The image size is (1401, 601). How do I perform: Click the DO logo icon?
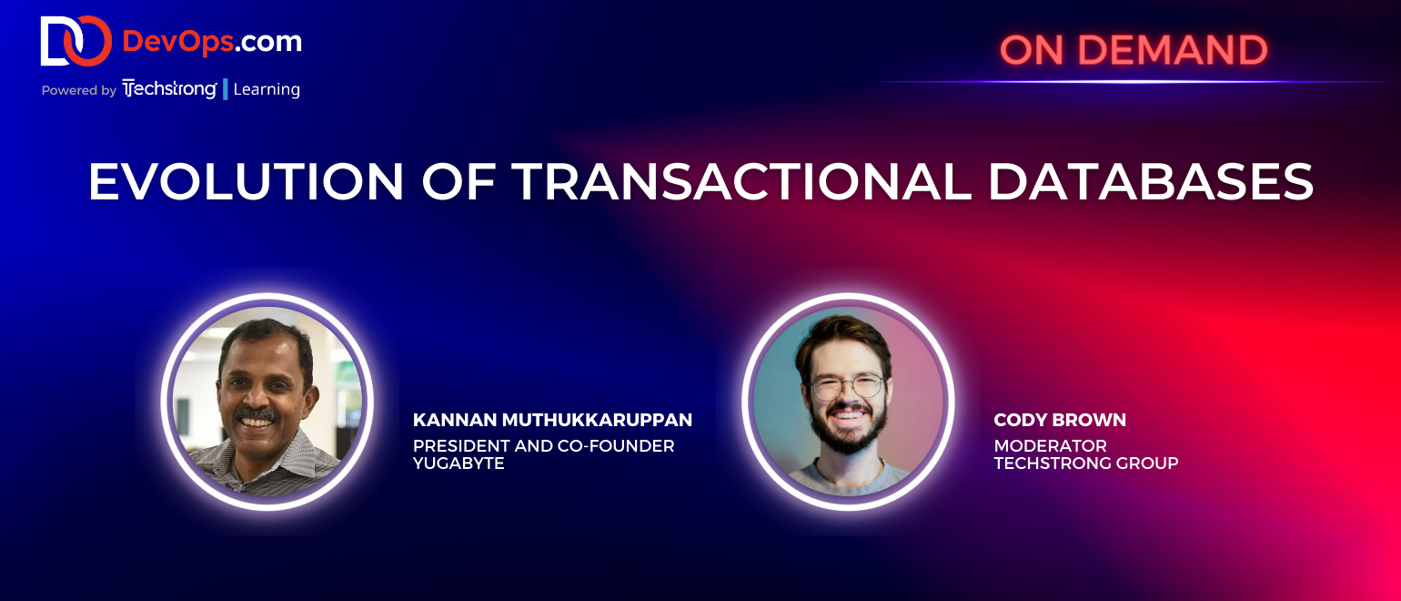tap(76, 41)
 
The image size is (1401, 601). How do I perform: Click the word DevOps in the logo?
tap(178, 42)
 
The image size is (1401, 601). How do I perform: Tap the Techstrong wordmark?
tap(169, 89)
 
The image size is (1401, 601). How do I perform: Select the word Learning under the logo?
tap(267, 89)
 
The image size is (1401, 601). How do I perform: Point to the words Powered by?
tap(79, 90)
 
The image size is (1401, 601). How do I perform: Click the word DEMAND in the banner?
tap(1173, 50)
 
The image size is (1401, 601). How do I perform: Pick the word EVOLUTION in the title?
tap(246, 181)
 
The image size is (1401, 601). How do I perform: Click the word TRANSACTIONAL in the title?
tap(741, 181)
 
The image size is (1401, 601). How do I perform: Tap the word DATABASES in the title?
tap(1151, 181)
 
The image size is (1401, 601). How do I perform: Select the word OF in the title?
tap(459, 181)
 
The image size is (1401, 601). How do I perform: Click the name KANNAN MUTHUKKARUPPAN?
tap(552, 420)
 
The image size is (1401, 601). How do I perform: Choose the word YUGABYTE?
tap(459, 463)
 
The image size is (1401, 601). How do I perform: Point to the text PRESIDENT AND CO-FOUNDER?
tap(543, 446)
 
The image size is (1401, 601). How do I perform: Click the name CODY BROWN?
tap(1060, 420)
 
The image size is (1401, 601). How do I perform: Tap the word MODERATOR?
tap(1050, 446)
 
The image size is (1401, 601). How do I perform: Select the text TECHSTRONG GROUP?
tap(1086, 463)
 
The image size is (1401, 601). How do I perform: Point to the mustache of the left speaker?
tap(257, 413)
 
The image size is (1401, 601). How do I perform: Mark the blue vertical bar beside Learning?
tap(226, 89)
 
